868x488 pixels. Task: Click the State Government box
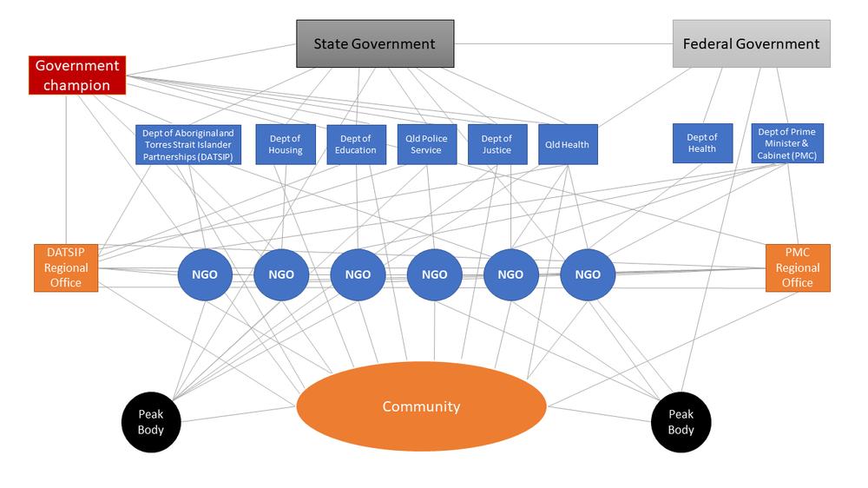click(374, 43)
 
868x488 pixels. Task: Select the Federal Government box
click(751, 43)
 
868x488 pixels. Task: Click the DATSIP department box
click(188, 144)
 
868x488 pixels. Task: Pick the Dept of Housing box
click(285, 144)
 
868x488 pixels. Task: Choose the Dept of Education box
click(356, 144)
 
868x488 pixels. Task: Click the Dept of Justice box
click(496, 144)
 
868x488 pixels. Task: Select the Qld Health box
click(569, 144)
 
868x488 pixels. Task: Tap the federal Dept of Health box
click(701, 143)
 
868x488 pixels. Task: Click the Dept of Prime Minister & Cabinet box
click(786, 143)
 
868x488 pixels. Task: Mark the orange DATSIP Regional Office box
click(65, 267)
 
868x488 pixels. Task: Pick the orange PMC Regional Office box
click(797, 267)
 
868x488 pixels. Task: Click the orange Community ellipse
click(421, 406)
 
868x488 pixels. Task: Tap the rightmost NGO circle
click(588, 274)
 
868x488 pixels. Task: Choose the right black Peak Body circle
click(681, 422)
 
